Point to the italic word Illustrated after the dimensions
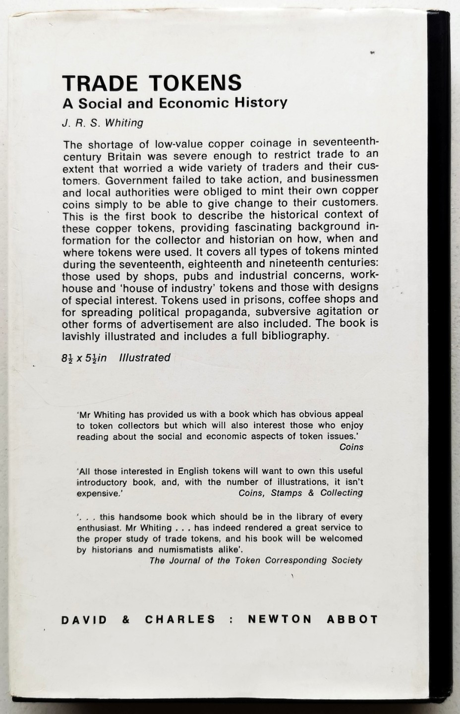coord(144,357)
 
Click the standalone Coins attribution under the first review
coord(351,447)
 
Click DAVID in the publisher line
coord(84,620)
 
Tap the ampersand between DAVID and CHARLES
coord(126,620)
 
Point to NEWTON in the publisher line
coord(280,619)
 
